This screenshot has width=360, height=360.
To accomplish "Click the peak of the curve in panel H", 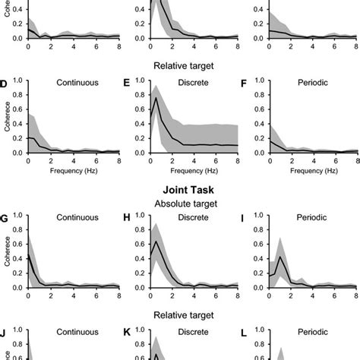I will tap(156, 242).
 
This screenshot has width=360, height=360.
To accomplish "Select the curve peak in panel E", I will tap(156, 98).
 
